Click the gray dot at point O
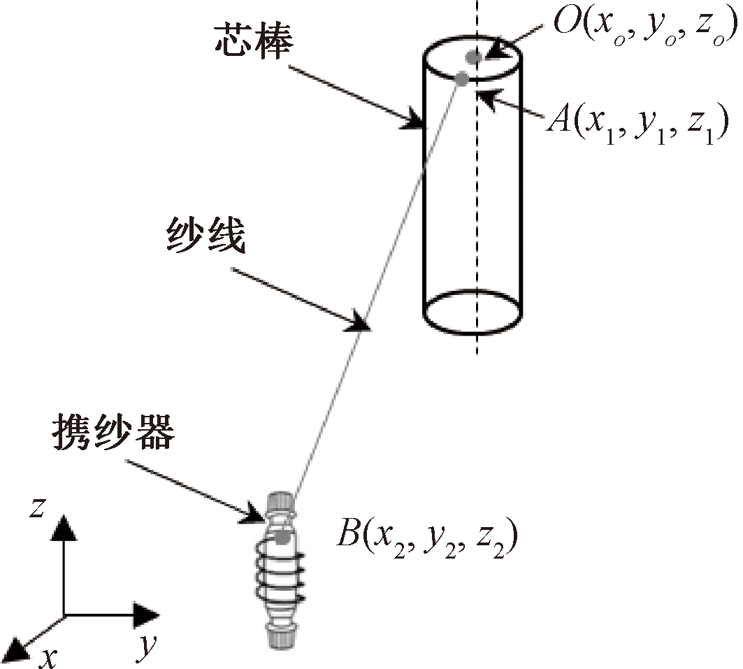pos(475,57)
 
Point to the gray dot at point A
pos(462,79)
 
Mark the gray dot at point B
pos(282,537)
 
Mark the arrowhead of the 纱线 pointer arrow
pos(361,323)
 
